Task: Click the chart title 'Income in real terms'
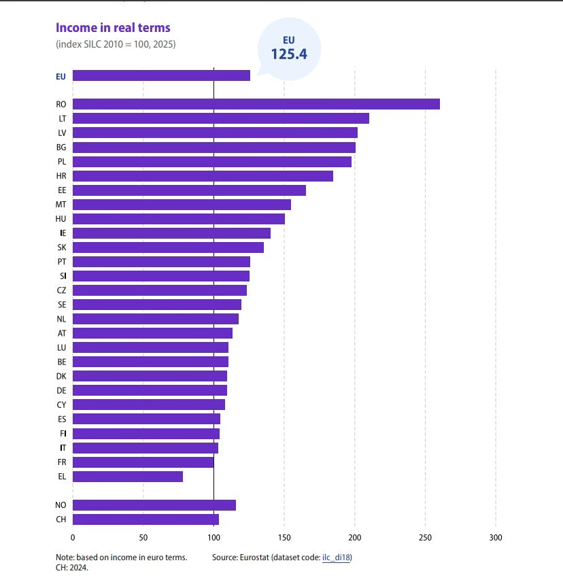[x=113, y=28]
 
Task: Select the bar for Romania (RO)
[x=256, y=104]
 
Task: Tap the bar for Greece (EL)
[x=128, y=476]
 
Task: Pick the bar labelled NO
[x=154, y=504]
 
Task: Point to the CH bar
[x=146, y=519]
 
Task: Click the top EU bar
[x=161, y=75]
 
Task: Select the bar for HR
[x=203, y=176]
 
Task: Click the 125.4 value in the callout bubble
[x=289, y=54]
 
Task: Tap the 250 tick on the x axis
[x=426, y=537]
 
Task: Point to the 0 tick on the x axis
[x=73, y=537]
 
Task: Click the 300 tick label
[x=496, y=537]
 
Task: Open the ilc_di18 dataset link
[x=336, y=557]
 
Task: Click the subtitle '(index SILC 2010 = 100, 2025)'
[x=116, y=44]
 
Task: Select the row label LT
[x=63, y=119]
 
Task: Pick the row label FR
[x=62, y=462]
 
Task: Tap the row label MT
[x=61, y=205]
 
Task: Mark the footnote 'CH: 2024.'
[x=72, y=568]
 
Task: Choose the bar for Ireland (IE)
[x=171, y=233]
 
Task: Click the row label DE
[x=62, y=390]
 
